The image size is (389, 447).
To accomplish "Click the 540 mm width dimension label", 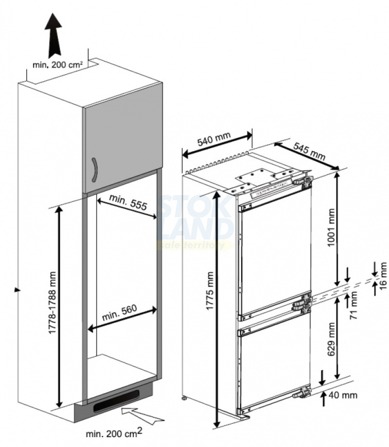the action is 214,138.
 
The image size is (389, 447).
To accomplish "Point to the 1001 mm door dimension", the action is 331,228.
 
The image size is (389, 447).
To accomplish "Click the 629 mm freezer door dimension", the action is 331,339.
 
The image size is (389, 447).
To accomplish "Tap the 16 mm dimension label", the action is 382,275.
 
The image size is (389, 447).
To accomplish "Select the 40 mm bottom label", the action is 343,395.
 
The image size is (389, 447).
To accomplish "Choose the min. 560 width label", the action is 119,312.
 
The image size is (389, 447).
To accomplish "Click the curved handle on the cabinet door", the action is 95,170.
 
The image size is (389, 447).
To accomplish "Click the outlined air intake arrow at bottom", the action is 143,415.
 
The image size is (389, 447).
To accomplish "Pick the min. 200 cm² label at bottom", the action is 114,433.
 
